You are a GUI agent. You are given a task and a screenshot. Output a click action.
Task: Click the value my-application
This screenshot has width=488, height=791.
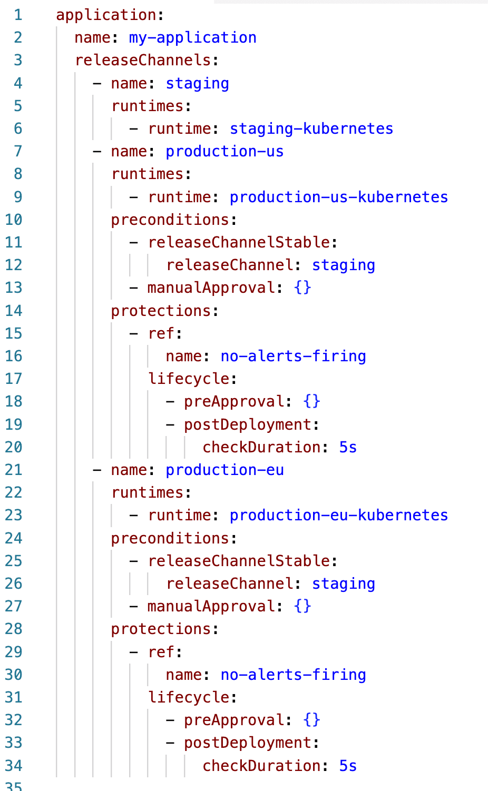pos(192,38)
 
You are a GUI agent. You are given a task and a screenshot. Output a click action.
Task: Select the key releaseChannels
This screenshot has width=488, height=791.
pos(143,61)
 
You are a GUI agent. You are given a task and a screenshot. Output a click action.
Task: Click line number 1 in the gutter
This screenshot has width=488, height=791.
pos(18,15)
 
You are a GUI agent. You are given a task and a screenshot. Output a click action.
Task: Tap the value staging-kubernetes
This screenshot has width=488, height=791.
pos(311,128)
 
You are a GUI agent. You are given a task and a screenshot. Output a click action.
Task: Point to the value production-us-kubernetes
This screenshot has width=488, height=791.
pos(338,197)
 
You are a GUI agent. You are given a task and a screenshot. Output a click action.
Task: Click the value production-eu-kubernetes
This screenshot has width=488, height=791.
pos(338,515)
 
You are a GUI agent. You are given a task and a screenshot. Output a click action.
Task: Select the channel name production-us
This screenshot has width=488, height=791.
pos(225,152)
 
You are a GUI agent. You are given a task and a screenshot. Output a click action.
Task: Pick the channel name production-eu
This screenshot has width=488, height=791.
pos(225,470)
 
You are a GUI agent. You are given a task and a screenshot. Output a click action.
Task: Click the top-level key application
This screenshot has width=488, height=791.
pos(106,15)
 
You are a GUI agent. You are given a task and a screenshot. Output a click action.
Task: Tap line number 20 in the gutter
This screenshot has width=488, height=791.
pos(14,447)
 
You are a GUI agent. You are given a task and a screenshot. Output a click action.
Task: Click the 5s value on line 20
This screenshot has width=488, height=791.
pos(348,447)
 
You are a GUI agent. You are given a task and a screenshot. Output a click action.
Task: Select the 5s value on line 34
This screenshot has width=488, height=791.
pos(348,766)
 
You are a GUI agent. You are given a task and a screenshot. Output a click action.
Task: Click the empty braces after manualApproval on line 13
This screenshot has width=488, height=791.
pos(302,288)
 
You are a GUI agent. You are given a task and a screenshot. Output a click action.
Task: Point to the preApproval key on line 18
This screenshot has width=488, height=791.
pos(234,401)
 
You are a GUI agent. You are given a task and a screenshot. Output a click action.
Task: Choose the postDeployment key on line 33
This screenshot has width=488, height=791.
pos(248,743)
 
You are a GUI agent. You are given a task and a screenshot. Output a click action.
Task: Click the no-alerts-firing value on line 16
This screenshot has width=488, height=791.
pos(293,356)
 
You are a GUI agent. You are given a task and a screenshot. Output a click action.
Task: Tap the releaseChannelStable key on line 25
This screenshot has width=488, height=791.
pos(239,561)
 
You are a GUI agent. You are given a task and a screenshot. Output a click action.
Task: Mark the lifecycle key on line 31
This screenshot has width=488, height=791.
pos(189,697)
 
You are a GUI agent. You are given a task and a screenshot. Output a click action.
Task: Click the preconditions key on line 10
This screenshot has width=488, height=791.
pos(170,220)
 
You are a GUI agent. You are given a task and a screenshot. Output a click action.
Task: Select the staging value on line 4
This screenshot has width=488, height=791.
pos(197,83)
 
